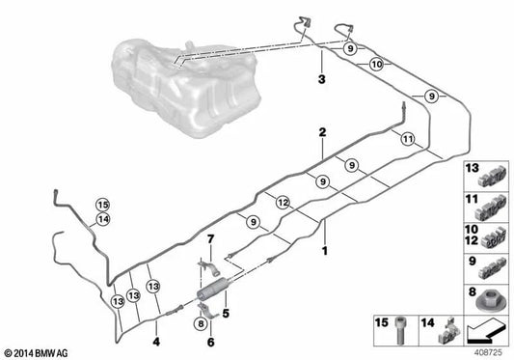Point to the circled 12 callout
pos(281,203)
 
